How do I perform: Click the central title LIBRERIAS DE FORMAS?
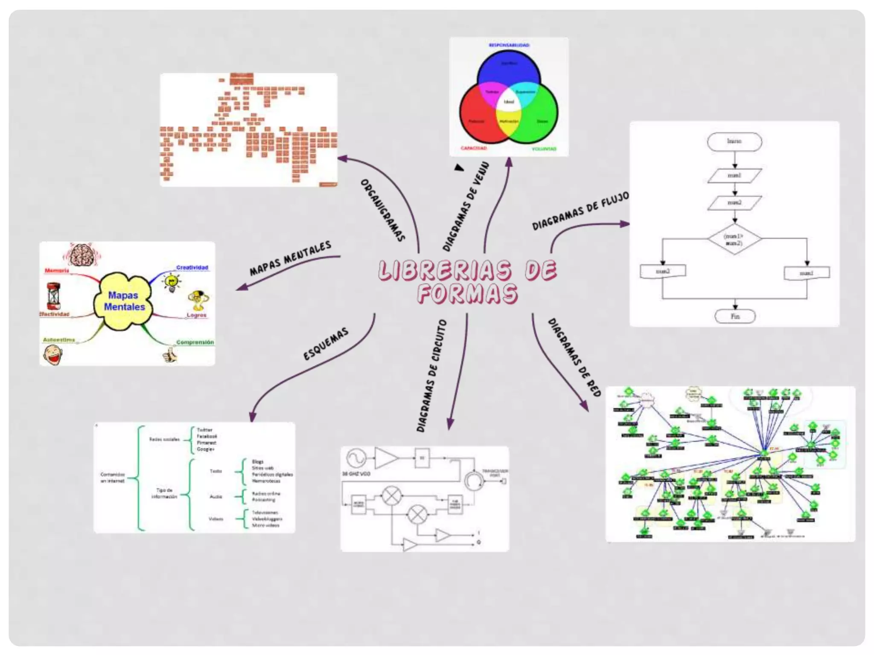point(467,281)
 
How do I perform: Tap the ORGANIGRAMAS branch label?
point(382,210)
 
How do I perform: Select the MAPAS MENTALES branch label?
point(290,258)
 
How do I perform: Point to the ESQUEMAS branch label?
point(326,344)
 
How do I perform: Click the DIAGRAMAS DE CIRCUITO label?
point(431,376)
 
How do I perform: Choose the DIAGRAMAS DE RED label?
point(574,357)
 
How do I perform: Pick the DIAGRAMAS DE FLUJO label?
point(580,211)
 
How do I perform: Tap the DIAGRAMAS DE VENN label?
point(466,206)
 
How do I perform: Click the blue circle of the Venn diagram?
point(509,68)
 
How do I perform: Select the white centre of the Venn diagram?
point(509,102)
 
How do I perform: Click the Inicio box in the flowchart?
point(734,142)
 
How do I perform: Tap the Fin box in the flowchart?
point(735,316)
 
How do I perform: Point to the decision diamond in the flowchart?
point(734,239)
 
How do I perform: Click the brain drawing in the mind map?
point(82,255)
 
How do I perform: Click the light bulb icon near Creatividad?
point(172,282)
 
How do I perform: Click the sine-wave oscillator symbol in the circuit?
point(356,459)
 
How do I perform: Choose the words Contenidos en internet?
point(113,478)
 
